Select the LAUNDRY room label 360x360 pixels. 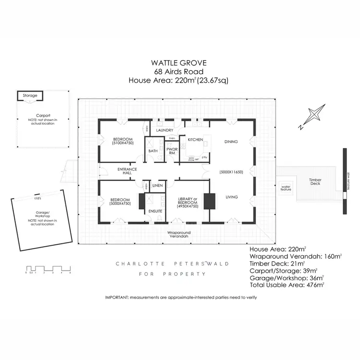tap(165, 130)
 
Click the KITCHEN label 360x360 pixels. tap(195, 140)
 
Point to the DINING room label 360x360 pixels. tap(232, 141)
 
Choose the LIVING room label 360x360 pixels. tap(232, 196)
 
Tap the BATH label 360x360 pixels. tap(153, 151)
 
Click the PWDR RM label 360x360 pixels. tap(172, 151)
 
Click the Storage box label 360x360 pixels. tap(30, 96)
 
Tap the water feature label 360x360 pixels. tap(286, 188)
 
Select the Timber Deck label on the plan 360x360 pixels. tap(315, 181)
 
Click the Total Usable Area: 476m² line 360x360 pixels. tap(287, 285)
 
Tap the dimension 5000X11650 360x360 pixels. tap(231, 171)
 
